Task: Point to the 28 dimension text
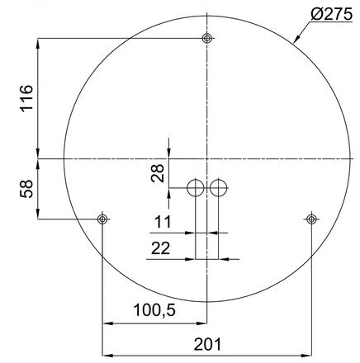157,172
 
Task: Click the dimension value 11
164,222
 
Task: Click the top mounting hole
206,39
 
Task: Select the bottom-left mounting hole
102,219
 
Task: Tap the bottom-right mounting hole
311,219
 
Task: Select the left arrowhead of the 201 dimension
105,349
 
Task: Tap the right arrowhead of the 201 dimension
309,349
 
